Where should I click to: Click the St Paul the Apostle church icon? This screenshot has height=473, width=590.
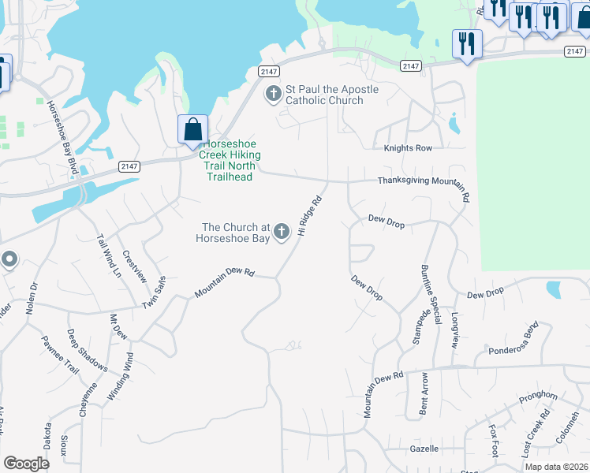273,95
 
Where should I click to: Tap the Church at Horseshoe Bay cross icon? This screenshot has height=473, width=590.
282,230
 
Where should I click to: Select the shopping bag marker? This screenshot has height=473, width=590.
192,129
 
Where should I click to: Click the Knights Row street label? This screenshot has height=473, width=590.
408,148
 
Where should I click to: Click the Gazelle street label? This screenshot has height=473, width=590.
424,449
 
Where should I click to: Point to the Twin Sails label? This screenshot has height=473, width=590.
154,292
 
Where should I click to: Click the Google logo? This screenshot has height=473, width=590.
26,463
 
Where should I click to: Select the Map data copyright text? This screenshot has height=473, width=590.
556,467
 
